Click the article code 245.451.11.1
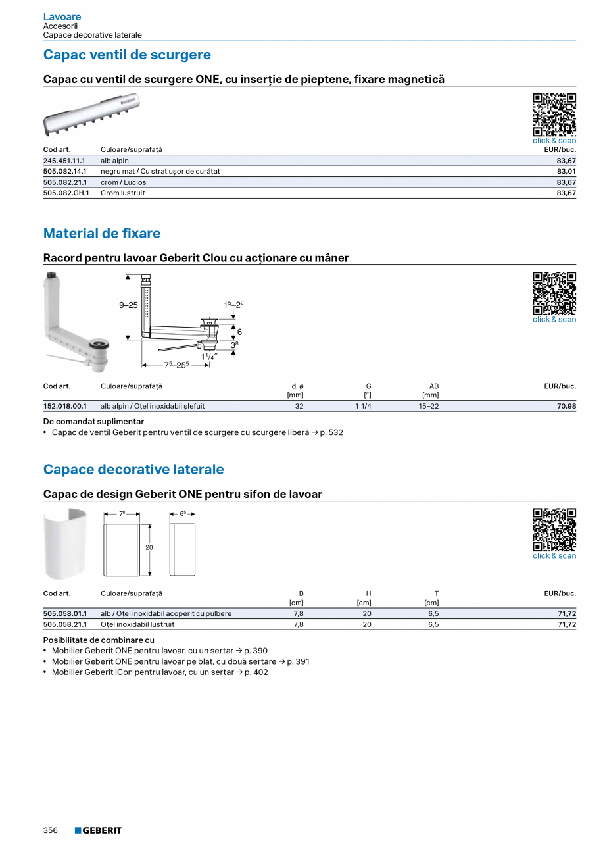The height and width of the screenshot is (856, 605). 64,161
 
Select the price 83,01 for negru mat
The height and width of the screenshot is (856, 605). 566,171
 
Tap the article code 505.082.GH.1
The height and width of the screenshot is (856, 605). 66,193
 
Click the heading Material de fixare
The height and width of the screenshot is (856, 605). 102,234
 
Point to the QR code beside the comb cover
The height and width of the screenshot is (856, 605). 554,114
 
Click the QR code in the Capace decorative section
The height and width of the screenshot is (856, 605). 554,530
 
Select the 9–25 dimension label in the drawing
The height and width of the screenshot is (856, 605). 128,305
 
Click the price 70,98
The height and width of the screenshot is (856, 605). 566,406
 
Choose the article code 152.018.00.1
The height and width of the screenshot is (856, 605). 64,406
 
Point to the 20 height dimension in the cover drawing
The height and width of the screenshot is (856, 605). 149,547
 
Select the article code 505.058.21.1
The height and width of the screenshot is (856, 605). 64,624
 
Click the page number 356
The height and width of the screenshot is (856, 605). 51,830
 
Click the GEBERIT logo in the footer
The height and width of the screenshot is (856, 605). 98,830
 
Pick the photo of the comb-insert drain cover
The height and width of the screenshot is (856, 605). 91,113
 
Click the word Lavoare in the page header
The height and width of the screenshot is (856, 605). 62,16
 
